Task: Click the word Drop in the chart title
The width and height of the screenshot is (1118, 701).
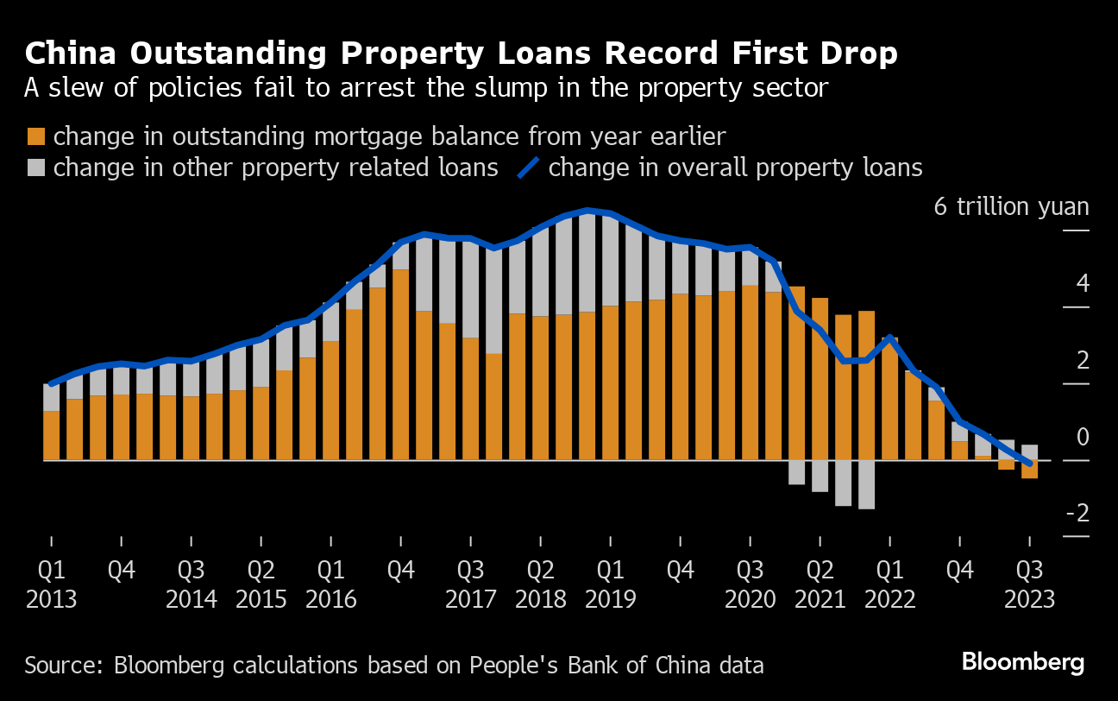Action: pyautogui.click(x=855, y=54)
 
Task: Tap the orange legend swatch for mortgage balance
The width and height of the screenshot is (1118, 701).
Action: pyautogui.click(x=36, y=136)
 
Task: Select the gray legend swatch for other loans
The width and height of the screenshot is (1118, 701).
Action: pyautogui.click(x=36, y=167)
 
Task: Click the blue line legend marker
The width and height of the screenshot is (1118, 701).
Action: pyautogui.click(x=527, y=167)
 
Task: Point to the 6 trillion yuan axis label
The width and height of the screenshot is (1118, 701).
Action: pyautogui.click(x=1011, y=207)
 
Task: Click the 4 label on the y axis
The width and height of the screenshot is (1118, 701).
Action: pyautogui.click(x=1083, y=284)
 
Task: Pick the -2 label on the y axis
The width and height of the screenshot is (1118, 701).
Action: pyautogui.click(x=1077, y=514)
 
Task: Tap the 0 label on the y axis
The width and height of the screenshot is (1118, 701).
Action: pyautogui.click(x=1083, y=438)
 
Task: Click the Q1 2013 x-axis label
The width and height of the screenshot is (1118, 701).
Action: pyautogui.click(x=51, y=584)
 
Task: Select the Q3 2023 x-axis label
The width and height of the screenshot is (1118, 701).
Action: pyautogui.click(x=1028, y=584)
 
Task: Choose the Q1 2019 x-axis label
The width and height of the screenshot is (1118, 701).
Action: pyautogui.click(x=610, y=584)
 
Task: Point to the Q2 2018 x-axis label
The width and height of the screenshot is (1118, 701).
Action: pyautogui.click(x=540, y=584)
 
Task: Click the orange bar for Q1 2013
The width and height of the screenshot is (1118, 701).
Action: pyautogui.click(x=51, y=435)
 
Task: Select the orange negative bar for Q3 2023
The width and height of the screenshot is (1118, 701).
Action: pyautogui.click(x=1029, y=469)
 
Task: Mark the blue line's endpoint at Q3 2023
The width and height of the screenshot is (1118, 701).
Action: pyautogui.click(x=1029, y=464)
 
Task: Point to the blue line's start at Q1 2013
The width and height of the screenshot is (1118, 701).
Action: pyautogui.click(x=52, y=383)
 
